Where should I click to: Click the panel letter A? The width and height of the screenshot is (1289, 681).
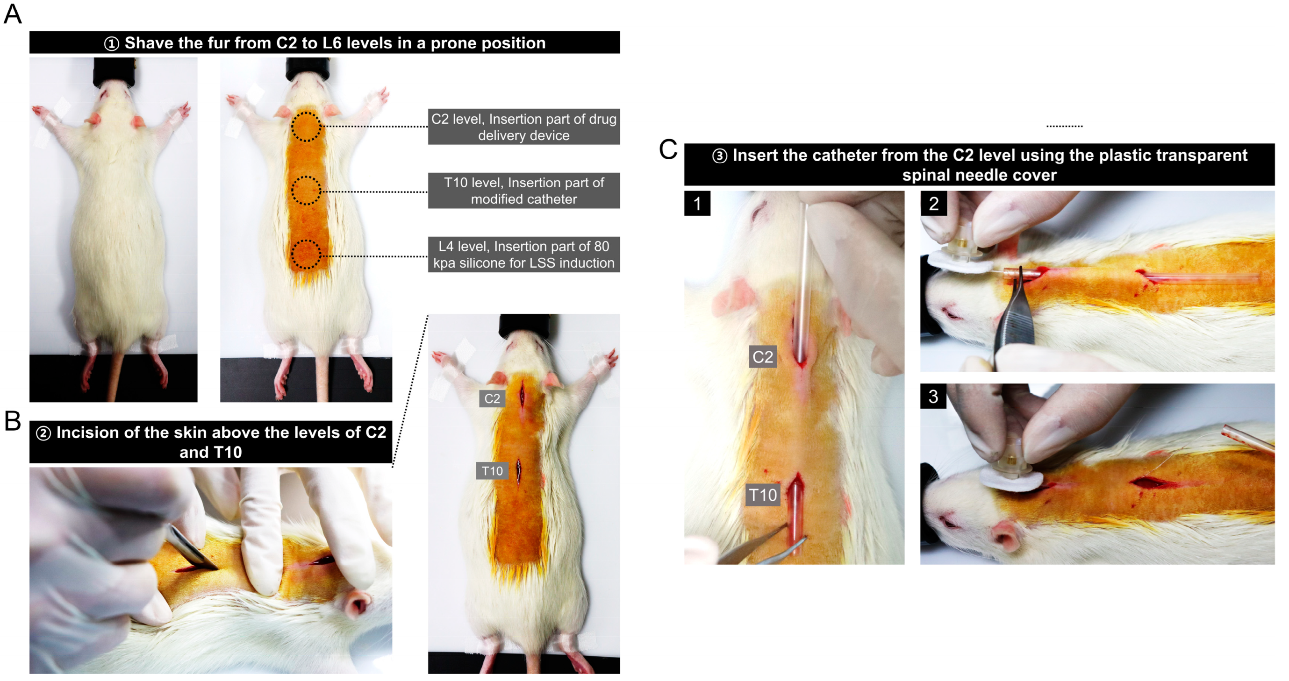[x=13, y=14]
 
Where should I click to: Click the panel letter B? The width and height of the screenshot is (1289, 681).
[x=13, y=420]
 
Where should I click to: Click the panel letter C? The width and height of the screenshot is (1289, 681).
[x=668, y=149]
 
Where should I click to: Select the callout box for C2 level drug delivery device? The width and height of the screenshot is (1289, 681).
[x=523, y=127]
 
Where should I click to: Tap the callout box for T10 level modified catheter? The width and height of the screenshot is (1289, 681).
[x=523, y=191]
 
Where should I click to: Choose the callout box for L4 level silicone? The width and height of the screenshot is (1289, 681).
[x=523, y=255]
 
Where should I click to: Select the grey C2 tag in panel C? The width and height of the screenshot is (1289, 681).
[x=763, y=356]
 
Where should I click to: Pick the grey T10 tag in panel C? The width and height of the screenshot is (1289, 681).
[x=763, y=495]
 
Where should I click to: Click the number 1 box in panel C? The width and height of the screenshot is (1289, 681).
[x=697, y=204]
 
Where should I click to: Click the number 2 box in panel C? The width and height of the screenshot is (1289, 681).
[x=933, y=204]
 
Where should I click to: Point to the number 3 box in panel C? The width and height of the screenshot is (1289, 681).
[x=933, y=397]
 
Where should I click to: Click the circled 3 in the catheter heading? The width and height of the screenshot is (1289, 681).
[x=720, y=156]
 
